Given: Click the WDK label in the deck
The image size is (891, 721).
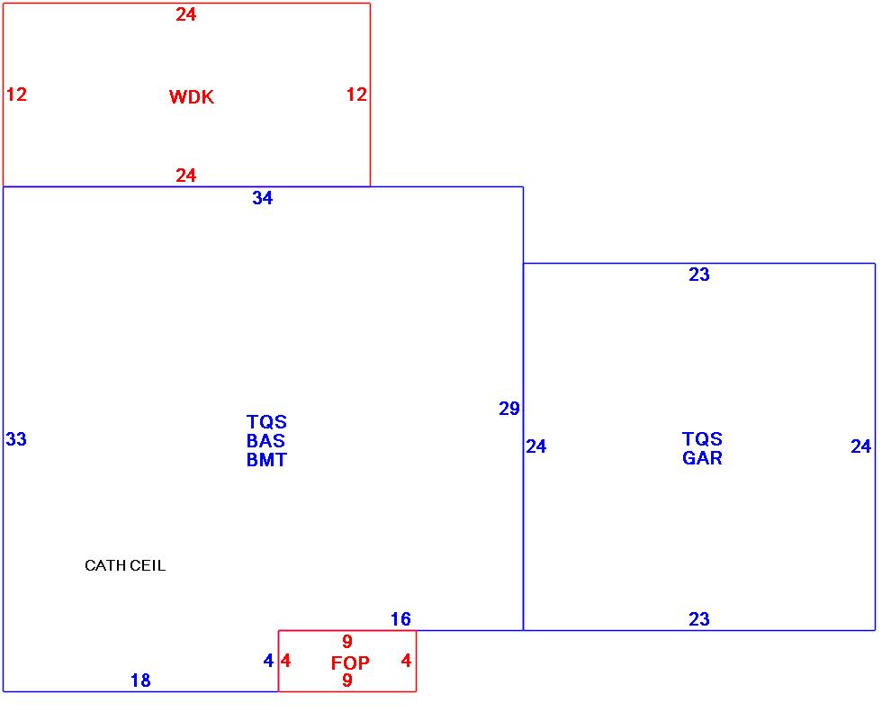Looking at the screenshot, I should pyautogui.click(x=192, y=97).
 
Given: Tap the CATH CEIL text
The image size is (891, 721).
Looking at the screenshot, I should pyautogui.click(x=125, y=566).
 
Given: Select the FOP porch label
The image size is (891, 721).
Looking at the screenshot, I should pyautogui.click(x=350, y=663).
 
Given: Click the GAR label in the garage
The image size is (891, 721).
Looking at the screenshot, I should pyautogui.click(x=702, y=457).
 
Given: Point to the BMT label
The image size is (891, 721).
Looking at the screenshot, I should pyautogui.click(x=266, y=460).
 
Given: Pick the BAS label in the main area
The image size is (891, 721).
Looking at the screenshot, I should pyautogui.click(x=265, y=441).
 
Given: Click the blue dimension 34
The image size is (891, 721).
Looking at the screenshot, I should pyautogui.click(x=262, y=199).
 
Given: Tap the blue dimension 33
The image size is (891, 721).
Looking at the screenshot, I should pyautogui.click(x=16, y=439).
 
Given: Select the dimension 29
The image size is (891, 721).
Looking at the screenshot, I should pyautogui.click(x=509, y=409).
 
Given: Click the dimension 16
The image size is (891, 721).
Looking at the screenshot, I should pyautogui.click(x=400, y=619).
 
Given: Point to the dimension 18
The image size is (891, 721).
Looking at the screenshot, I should pyautogui.click(x=140, y=680).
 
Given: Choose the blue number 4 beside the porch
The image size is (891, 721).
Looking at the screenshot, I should pyautogui.click(x=268, y=661).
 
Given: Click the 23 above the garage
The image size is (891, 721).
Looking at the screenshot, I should pyautogui.click(x=699, y=275).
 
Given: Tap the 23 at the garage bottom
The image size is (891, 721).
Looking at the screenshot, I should pyautogui.click(x=699, y=619).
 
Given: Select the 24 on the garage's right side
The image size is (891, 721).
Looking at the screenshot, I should pyautogui.click(x=861, y=446).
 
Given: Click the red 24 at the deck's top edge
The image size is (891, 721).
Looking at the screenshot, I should pyautogui.click(x=186, y=14).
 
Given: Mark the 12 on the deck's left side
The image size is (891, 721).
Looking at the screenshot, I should pyautogui.click(x=16, y=95).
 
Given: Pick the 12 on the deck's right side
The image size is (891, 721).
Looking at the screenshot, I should pyautogui.click(x=357, y=95).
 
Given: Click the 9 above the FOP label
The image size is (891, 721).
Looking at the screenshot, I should pyautogui.click(x=347, y=642).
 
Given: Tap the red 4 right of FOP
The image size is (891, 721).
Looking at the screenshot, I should pyautogui.click(x=406, y=661).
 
